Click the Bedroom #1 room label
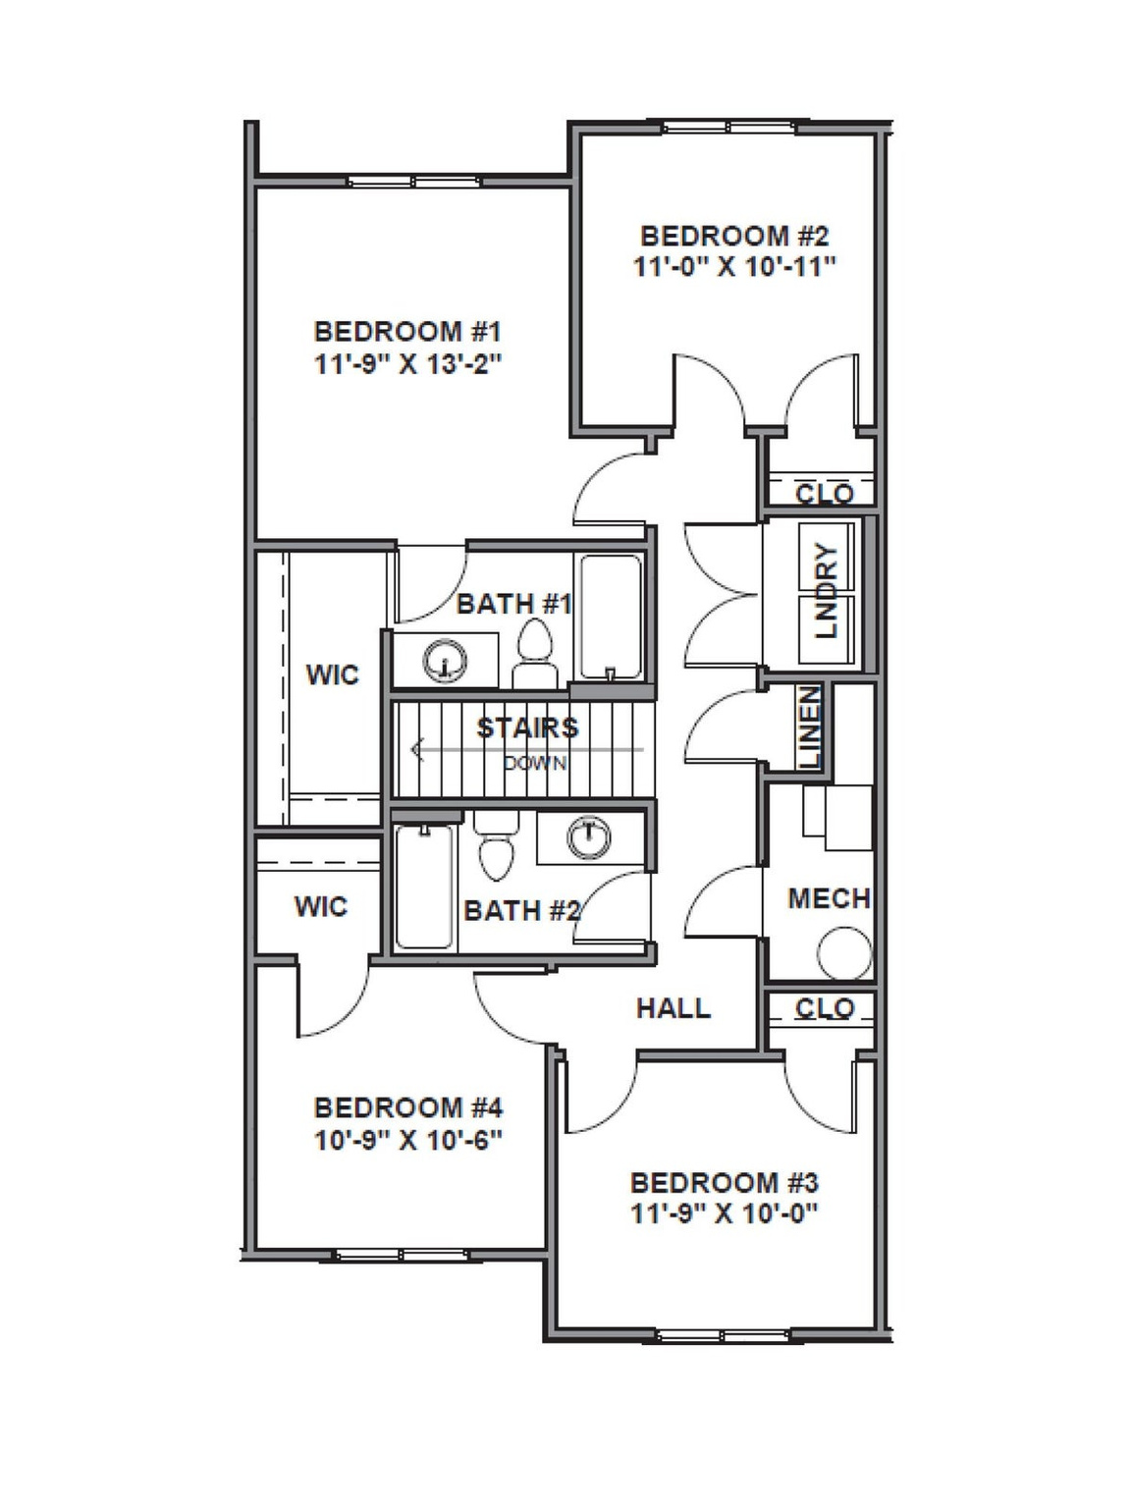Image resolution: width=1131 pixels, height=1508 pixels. [407, 331]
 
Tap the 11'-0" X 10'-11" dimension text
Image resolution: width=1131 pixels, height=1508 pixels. [734, 267]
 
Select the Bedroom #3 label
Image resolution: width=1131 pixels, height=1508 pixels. [724, 1182]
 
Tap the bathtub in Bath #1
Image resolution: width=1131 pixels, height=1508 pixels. [611, 616]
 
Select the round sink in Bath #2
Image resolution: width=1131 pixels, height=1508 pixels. [588, 837]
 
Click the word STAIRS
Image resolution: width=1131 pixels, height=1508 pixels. [527, 727]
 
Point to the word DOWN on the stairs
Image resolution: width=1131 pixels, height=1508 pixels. [535, 763]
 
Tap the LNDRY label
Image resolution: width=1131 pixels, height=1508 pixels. [828, 591]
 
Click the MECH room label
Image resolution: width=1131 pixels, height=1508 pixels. [829, 898]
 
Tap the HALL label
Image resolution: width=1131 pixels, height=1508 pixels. [673, 1008]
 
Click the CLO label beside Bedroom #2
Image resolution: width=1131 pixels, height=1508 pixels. [824, 494]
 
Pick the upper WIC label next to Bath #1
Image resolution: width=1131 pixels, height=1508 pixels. [332, 675]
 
